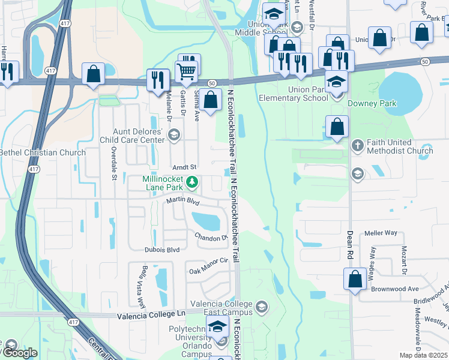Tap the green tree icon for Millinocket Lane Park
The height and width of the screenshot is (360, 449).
click(192, 181)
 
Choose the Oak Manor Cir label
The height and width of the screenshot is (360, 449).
click(209, 262)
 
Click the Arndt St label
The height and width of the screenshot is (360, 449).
click(184, 166)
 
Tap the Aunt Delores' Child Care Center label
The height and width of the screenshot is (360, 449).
click(139, 136)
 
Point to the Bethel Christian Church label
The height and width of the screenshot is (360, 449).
click(43, 152)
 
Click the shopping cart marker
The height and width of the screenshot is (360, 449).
click(187, 71)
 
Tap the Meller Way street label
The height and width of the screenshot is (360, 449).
click(381, 233)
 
